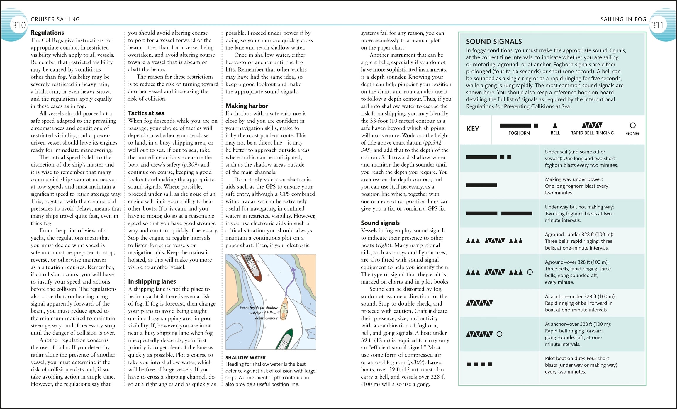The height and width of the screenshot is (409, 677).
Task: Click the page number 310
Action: click(19, 25)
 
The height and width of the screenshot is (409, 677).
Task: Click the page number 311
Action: click(657, 25)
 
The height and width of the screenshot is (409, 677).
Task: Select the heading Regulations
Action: click(47, 33)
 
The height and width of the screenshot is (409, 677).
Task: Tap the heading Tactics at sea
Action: click(146, 113)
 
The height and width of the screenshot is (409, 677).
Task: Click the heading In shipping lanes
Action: click(152, 281)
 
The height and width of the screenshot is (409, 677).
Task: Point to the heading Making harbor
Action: click(247, 106)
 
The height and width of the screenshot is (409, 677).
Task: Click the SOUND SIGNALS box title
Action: click(494, 41)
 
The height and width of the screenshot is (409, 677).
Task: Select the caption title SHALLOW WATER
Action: click(245, 357)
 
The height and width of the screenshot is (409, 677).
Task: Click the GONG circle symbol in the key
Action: click(632, 125)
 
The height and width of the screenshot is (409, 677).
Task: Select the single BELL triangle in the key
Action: click(555, 125)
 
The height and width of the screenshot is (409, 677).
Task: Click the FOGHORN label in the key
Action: click(519, 133)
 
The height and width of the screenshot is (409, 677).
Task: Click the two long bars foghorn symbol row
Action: click(499, 213)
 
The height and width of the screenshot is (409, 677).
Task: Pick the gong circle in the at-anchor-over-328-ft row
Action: click(499, 334)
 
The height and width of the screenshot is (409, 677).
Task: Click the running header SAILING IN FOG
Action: click(623, 19)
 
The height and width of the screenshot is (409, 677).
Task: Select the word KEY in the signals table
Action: click(472, 129)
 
